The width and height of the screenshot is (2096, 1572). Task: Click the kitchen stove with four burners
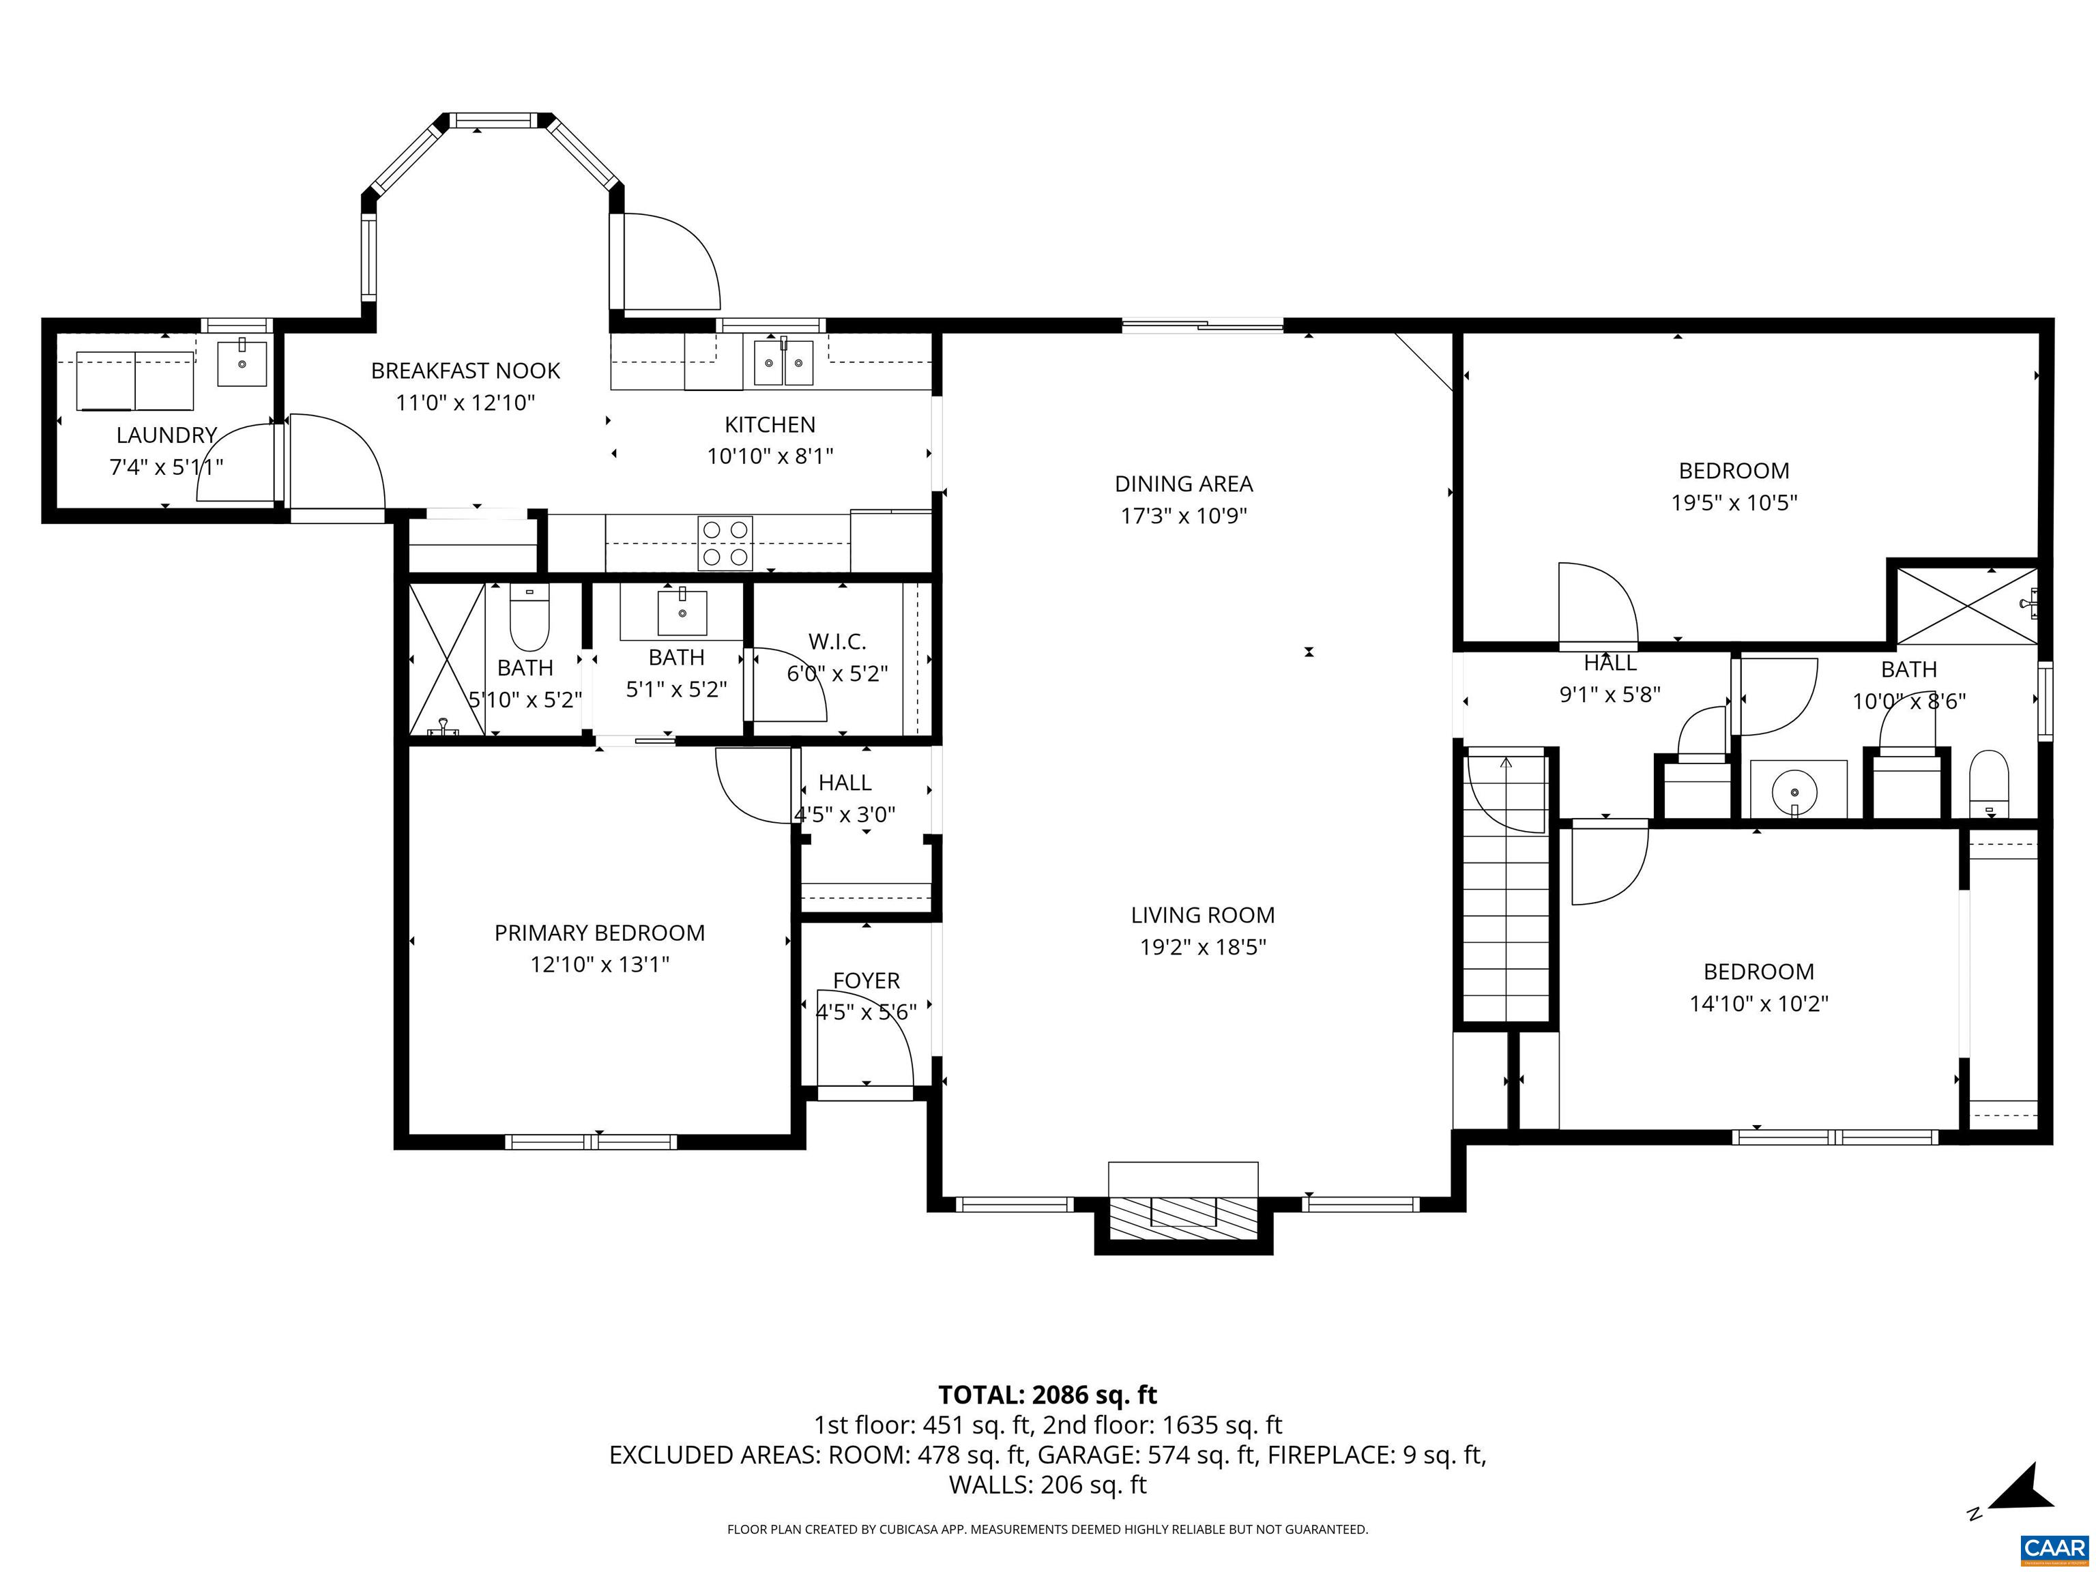point(725,543)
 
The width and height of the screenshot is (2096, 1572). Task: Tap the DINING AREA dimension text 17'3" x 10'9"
point(1184,516)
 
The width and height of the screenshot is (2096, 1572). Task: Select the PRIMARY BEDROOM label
point(599,933)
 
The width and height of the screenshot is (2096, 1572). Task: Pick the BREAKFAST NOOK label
point(465,371)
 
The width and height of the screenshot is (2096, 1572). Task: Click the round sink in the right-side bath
point(1794,790)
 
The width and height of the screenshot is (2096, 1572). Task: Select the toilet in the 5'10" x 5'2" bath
point(529,616)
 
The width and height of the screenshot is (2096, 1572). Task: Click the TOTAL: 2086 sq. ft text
point(1047,1395)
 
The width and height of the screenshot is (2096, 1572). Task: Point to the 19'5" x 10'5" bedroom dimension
point(1733,503)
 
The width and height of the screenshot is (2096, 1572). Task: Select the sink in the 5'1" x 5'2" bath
point(682,613)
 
